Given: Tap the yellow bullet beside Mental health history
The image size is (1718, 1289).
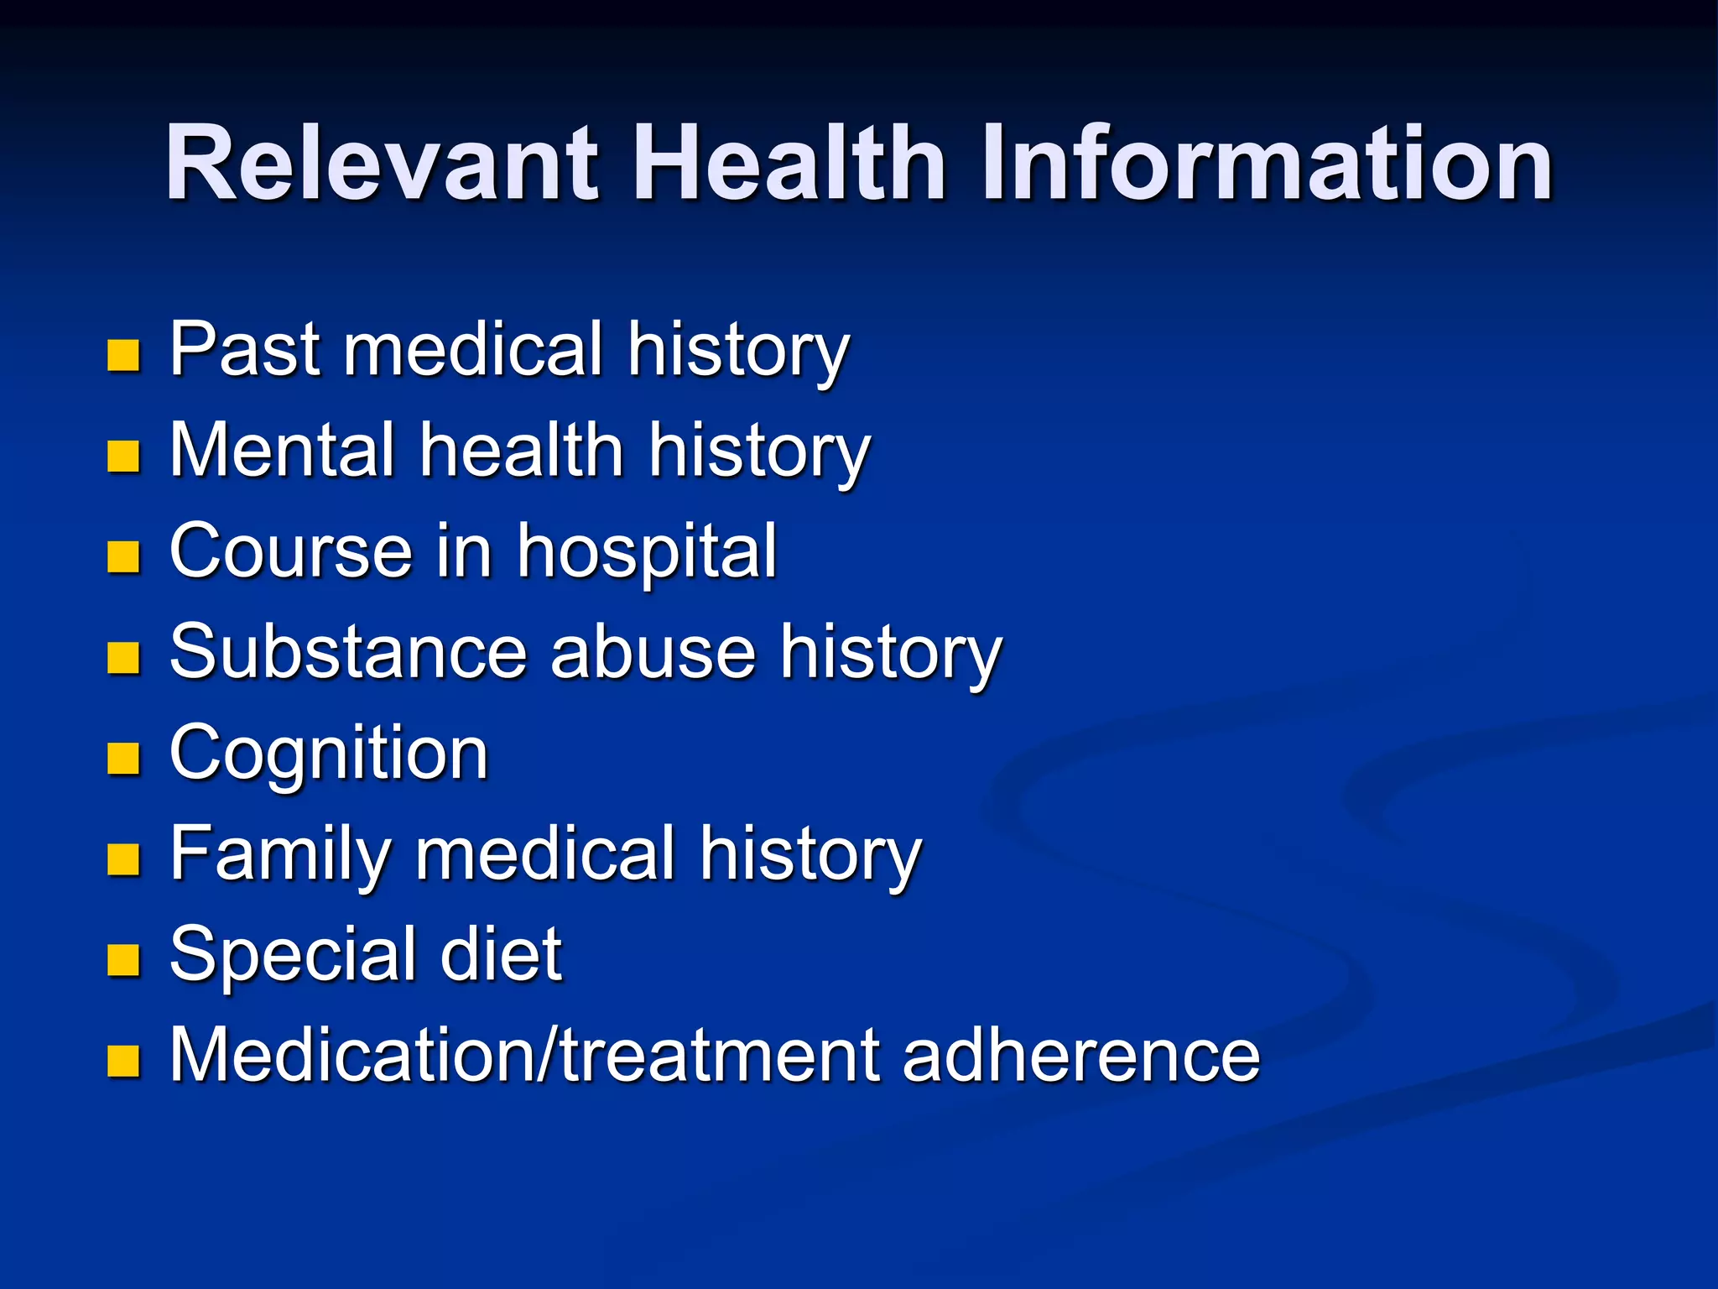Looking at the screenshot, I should [123, 457].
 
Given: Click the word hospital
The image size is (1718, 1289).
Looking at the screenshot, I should [647, 554].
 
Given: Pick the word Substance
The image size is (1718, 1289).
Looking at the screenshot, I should [349, 652].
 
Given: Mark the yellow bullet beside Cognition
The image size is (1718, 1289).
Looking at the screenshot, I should [123, 759].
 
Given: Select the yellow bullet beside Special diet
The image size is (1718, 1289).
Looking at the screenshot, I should [123, 960].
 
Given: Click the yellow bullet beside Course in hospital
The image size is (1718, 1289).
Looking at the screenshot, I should [123, 557].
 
